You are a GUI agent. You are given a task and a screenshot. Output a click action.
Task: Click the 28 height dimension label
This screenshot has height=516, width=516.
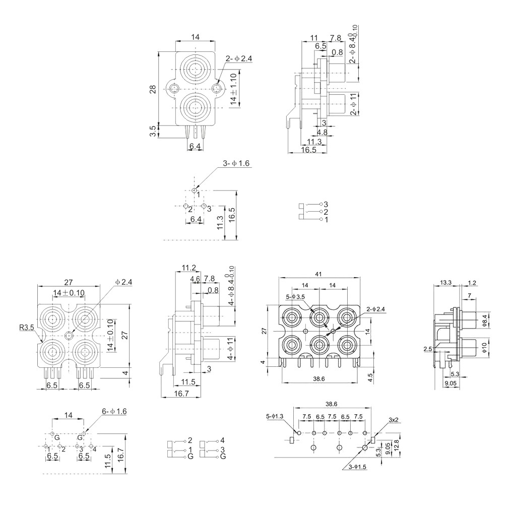coord(153,89)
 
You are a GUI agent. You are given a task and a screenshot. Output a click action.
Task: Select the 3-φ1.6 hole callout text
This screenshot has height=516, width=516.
coord(236,163)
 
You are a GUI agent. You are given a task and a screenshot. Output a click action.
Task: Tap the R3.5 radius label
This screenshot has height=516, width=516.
coord(27,328)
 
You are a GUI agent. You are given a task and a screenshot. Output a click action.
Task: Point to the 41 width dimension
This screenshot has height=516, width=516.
coord(318,274)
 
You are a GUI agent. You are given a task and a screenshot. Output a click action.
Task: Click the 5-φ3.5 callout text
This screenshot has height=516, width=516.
coord(295,297)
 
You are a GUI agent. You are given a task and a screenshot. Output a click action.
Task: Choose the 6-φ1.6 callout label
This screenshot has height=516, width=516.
coord(114,411)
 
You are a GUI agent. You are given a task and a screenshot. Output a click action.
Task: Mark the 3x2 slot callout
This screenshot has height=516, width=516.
coord(394,420)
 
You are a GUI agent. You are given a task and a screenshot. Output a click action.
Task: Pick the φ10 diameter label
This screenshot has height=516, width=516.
coord(484,348)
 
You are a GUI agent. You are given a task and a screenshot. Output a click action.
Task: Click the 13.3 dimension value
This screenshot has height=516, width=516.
coord(446,282)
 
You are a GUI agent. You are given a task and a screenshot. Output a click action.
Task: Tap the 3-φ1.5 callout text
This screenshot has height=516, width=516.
coord(357,467)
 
